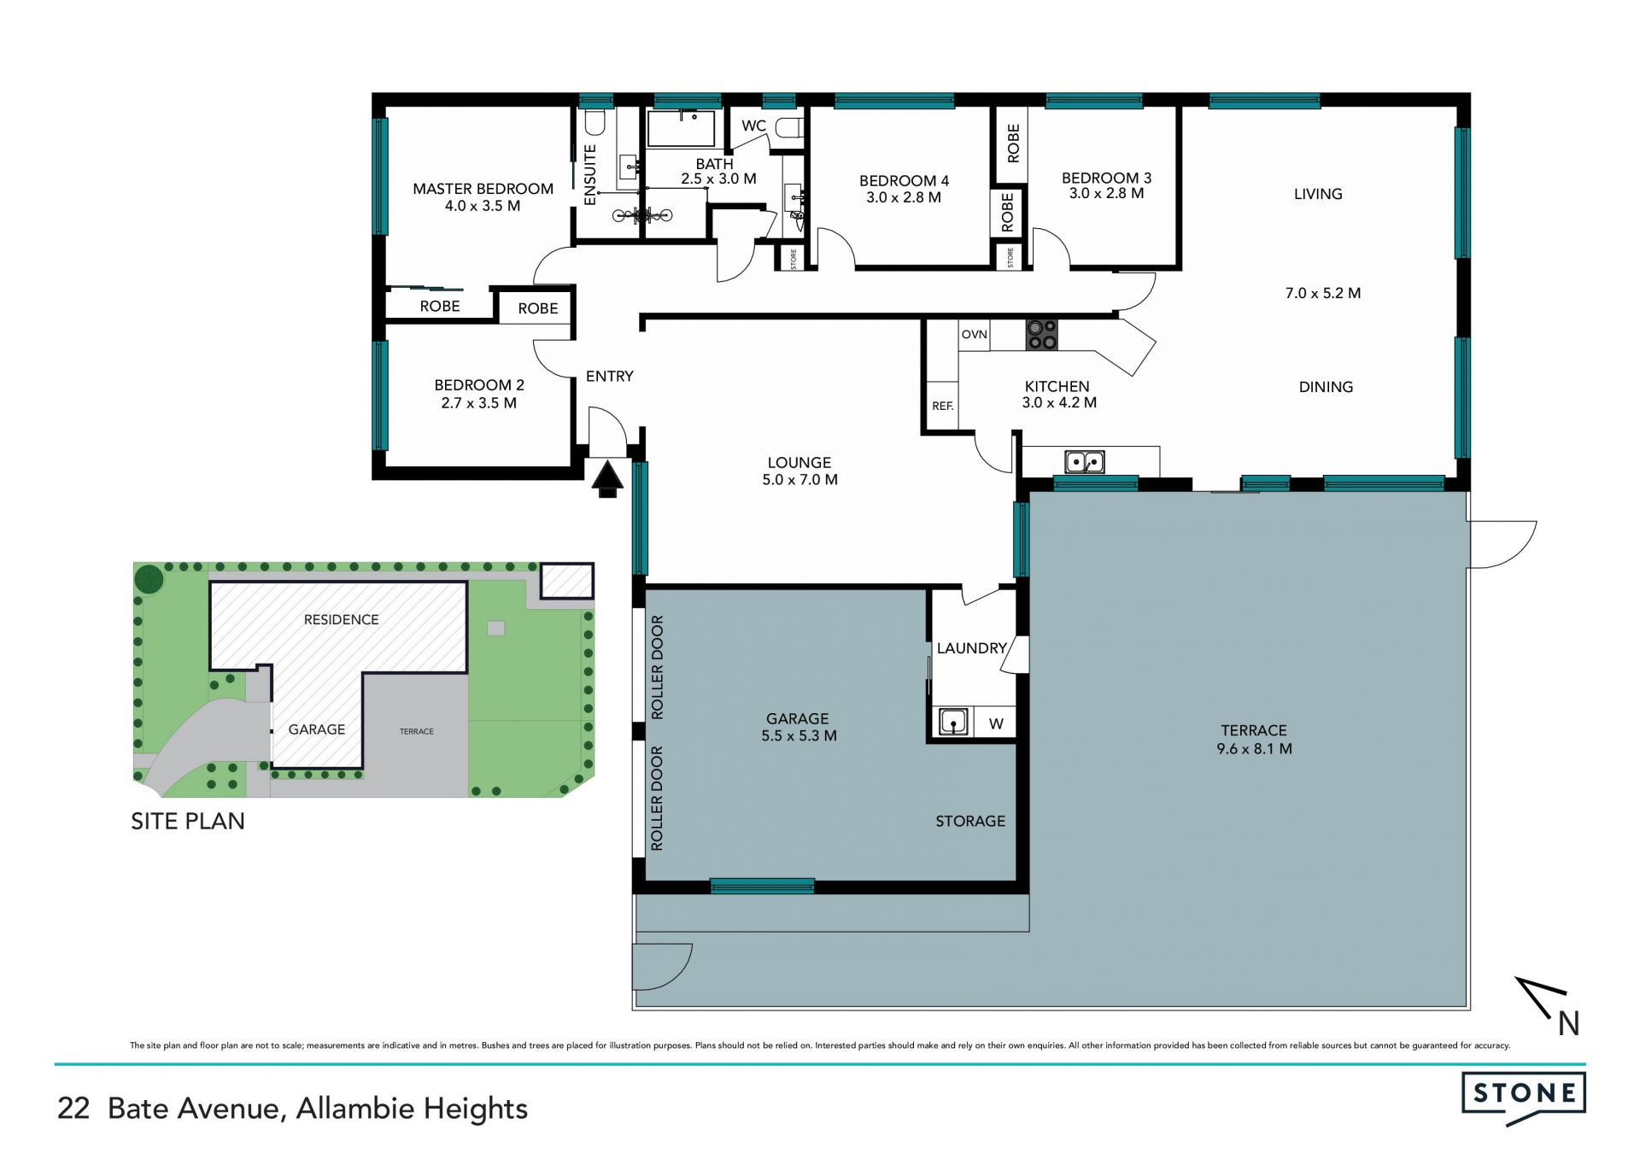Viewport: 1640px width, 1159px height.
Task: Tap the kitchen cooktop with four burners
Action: pyautogui.click(x=1041, y=334)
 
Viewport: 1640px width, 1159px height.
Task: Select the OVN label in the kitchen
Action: pyautogui.click(x=974, y=334)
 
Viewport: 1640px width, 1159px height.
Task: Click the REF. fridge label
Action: pyautogui.click(x=942, y=406)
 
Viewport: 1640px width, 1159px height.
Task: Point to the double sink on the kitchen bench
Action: pyautogui.click(x=1085, y=462)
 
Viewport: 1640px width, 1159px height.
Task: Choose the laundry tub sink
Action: pyautogui.click(x=952, y=722)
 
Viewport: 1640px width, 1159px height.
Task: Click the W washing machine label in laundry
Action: pyautogui.click(x=996, y=724)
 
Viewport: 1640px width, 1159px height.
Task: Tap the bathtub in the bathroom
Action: pyautogui.click(x=681, y=129)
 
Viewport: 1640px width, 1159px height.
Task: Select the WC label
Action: pyautogui.click(x=753, y=126)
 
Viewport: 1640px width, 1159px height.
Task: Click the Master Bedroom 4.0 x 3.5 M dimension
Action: pyautogui.click(x=483, y=206)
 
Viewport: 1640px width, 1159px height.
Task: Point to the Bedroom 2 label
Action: pyautogui.click(x=479, y=385)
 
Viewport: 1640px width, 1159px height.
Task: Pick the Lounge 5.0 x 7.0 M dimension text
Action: pyautogui.click(x=799, y=480)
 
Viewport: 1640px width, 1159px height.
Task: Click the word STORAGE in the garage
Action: pyautogui.click(x=970, y=821)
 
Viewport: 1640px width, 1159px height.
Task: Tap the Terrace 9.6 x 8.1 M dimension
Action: pyautogui.click(x=1254, y=749)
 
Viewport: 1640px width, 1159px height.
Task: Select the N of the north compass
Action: pyautogui.click(x=1569, y=1023)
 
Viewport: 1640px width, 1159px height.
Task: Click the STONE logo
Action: pyautogui.click(x=1524, y=1098)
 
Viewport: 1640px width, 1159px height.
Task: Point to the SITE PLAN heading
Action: pyautogui.click(x=188, y=821)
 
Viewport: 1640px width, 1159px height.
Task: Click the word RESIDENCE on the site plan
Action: pyautogui.click(x=341, y=619)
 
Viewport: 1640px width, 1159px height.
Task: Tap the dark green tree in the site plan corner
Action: pyautogui.click(x=149, y=579)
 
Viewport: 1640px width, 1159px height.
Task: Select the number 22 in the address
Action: pyautogui.click(x=73, y=1109)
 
